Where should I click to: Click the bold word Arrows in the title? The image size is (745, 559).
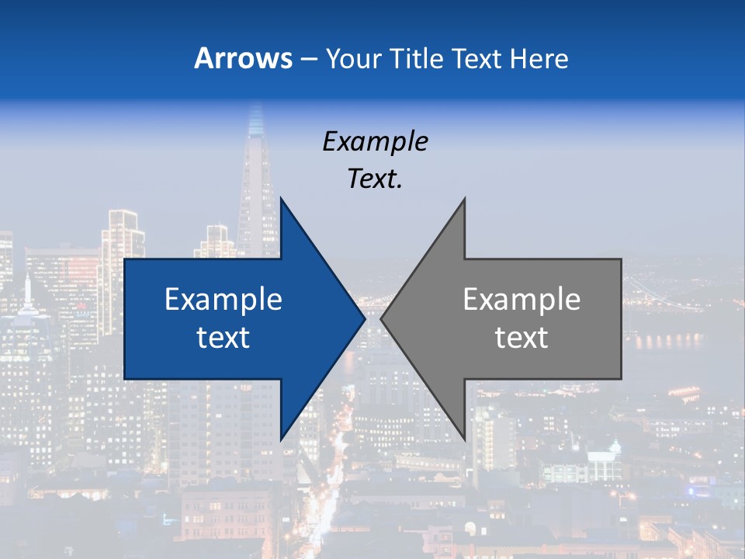[243, 58]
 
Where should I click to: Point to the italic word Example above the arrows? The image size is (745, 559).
[375, 141]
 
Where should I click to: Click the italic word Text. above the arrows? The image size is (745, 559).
[375, 179]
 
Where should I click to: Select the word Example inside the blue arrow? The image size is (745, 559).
[223, 299]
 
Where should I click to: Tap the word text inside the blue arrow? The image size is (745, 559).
[223, 337]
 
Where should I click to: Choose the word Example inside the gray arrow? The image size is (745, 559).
[521, 299]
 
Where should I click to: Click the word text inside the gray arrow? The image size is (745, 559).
[521, 337]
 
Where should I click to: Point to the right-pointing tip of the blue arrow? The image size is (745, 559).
[364, 318]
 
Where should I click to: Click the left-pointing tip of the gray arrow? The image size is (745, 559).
[382, 318]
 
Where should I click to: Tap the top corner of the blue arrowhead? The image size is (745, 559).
[281, 199]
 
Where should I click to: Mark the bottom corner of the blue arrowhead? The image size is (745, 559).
[281, 439]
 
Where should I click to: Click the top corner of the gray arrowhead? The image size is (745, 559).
[464, 199]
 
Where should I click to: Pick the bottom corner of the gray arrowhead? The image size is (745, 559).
[464, 439]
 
